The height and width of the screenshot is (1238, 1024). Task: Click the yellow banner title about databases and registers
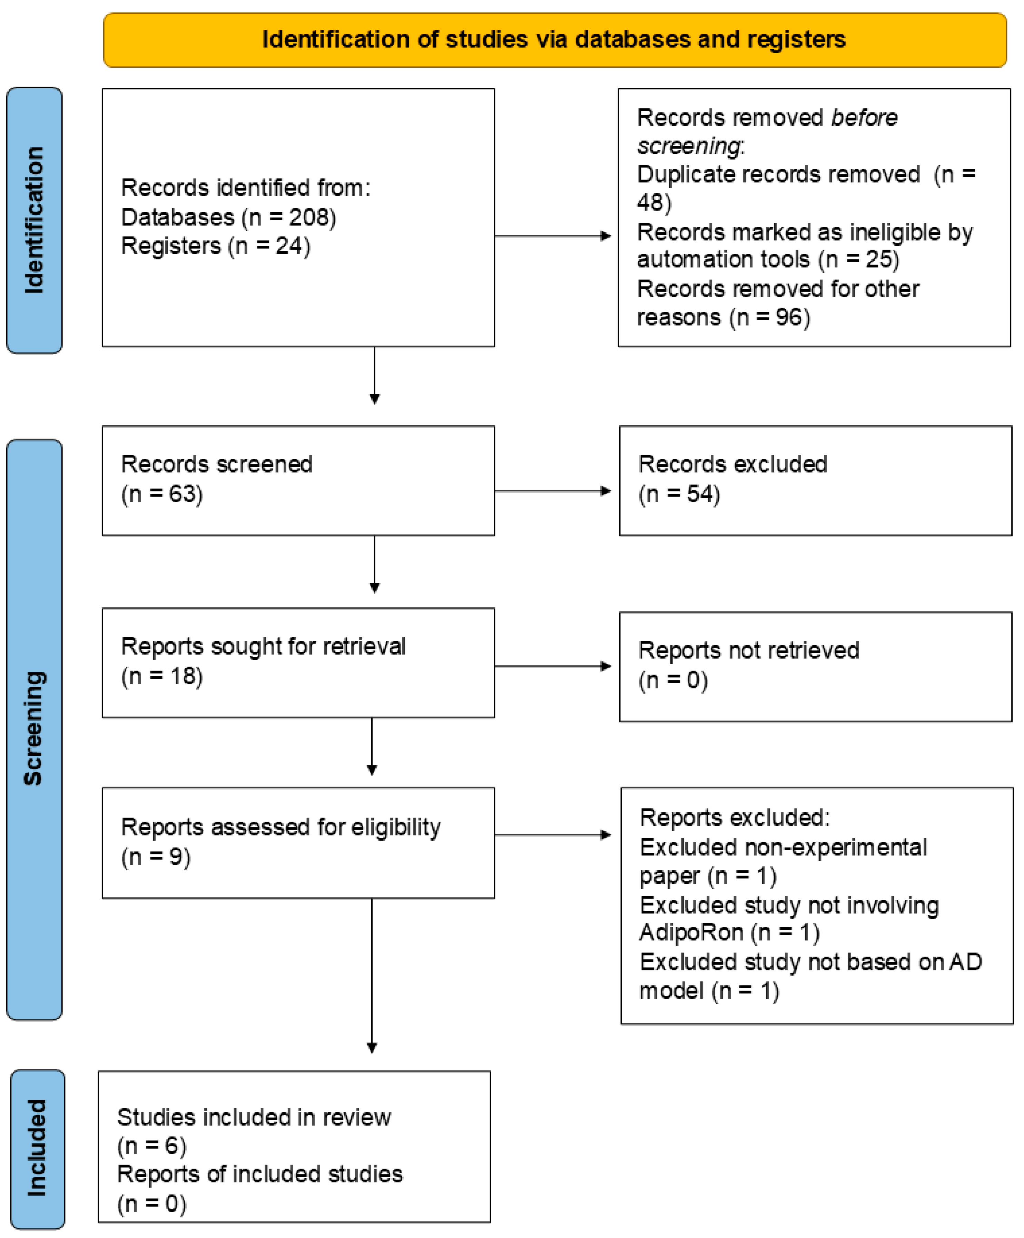coord(553,39)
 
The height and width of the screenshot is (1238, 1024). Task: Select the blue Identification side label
coord(34,220)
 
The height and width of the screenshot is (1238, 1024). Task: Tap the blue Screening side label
coord(34,728)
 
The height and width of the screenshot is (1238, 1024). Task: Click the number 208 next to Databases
coord(308,217)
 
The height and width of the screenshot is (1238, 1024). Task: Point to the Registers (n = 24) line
coord(215,246)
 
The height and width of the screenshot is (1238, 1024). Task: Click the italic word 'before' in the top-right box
coord(864,118)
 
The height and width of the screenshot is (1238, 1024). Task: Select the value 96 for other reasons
coord(788,318)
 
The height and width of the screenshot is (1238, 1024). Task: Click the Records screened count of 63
coord(182,494)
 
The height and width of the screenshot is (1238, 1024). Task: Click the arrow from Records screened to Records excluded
coord(553,491)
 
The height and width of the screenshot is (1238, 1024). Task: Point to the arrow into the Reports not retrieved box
coord(553,666)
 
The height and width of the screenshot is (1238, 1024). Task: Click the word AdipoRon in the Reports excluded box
coord(691,932)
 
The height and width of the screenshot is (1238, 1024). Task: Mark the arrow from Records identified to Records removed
coord(553,236)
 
